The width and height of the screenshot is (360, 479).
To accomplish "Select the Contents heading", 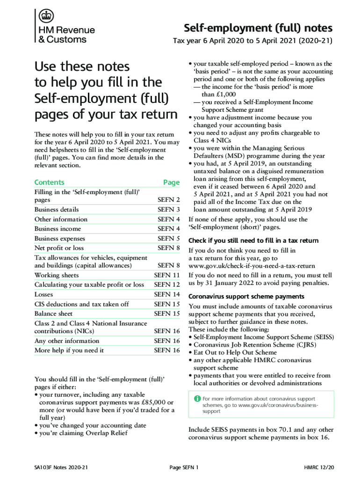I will click(x=49, y=182).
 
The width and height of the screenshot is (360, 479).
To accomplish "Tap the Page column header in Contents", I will click(x=171, y=182).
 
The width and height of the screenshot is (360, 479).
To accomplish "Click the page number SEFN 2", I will click(x=169, y=200).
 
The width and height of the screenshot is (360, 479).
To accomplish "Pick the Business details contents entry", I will click(x=57, y=210).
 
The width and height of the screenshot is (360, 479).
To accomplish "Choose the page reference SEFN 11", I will click(x=167, y=275).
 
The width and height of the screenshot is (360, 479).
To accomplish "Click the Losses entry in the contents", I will click(x=43, y=295).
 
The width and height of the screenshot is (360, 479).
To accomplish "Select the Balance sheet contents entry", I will click(x=53, y=314).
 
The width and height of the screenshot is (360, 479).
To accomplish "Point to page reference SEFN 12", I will click(x=167, y=284).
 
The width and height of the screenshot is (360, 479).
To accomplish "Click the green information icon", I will click(x=197, y=399).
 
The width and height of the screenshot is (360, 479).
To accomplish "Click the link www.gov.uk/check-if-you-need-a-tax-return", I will click(x=252, y=266).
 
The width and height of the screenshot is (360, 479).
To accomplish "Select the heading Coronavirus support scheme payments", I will click(x=246, y=297).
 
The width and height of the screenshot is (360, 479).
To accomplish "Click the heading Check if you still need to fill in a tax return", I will click(x=253, y=240).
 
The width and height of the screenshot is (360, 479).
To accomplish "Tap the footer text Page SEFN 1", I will click(x=184, y=468).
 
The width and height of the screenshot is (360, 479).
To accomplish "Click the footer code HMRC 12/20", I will click(x=319, y=468).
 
